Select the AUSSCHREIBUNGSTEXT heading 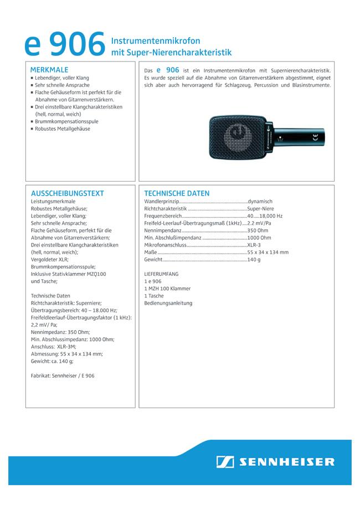[68, 193]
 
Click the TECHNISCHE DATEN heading [177, 193]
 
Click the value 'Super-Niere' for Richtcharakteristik [262, 209]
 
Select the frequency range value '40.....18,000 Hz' [265, 216]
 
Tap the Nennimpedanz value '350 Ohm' [258, 230]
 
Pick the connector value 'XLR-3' [255, 245]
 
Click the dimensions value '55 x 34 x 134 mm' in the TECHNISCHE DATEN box [268, 252]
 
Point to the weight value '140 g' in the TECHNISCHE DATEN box [254, 259]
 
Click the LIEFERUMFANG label [161, 274]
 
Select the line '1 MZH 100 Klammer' [167, 289]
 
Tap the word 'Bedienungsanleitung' [168, 303]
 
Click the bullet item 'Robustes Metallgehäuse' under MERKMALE [62, 128]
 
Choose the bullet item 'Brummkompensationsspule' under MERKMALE [65, 121]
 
